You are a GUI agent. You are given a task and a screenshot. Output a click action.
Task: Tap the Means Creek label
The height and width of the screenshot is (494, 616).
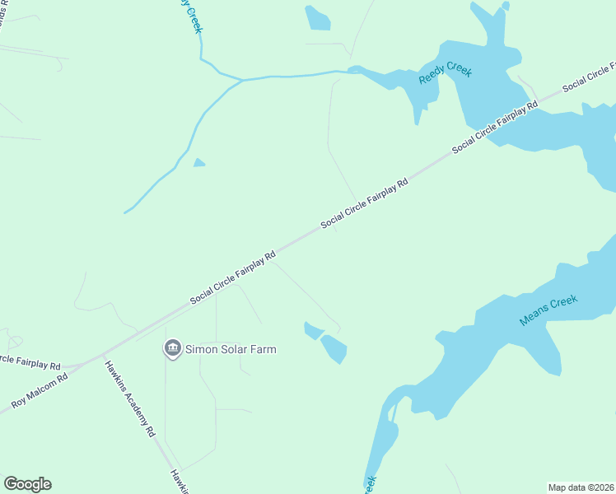point(548,310)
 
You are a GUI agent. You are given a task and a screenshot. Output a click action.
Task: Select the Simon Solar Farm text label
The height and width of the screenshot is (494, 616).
point(230,349)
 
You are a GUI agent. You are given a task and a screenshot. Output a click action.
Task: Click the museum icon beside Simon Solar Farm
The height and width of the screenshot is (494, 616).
point(172,349)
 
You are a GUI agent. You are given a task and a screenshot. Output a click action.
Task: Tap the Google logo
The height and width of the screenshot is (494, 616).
point(27,484)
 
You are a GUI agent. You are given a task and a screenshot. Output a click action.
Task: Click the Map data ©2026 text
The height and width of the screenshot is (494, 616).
point(580,487)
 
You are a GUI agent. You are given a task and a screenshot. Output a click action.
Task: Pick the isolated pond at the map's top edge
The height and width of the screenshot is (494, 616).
point(317,18)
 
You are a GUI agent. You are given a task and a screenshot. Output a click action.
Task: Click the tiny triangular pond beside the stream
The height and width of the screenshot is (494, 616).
point(198,162)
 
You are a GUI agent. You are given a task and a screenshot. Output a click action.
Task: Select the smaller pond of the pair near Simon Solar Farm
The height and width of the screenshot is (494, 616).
point(313,331)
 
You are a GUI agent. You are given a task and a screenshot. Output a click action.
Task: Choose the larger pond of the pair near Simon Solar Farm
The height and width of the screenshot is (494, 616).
point(334,349)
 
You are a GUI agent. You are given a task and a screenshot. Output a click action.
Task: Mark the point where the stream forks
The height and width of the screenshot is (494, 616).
point(240,80)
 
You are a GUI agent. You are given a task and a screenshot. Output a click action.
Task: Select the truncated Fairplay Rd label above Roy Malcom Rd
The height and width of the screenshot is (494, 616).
point(30,361)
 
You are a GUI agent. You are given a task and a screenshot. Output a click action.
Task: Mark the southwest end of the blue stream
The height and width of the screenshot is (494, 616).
point(125,212)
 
